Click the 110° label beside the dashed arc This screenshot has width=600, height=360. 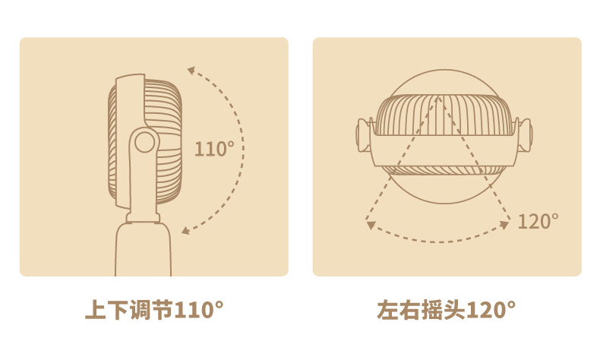tap(214, 149)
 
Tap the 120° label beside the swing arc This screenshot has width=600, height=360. tap(538, 221)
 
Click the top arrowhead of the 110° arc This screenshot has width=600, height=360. tap(191, 71)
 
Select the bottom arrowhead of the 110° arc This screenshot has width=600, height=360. tap(185, 230)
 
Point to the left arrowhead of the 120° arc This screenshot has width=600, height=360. tap(370, 225)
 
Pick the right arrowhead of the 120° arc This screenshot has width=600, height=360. tap(505, 225)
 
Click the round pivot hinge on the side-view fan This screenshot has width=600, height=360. tap(144, 142)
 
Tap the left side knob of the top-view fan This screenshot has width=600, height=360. tap(364, 134)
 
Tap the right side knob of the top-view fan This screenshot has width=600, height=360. tap(525, 134)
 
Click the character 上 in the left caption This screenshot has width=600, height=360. tap(95, 310)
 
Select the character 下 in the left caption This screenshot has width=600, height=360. tap(118, 310)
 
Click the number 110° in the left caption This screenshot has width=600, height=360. tap(198, 310)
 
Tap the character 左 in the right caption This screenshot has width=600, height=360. tap(387, 310)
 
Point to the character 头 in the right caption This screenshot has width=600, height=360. tap(454, 310)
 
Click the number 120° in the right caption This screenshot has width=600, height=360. tap(491, 310)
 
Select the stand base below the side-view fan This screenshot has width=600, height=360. tap(143, 248)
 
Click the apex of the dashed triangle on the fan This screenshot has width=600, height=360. tap(439, 97)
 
